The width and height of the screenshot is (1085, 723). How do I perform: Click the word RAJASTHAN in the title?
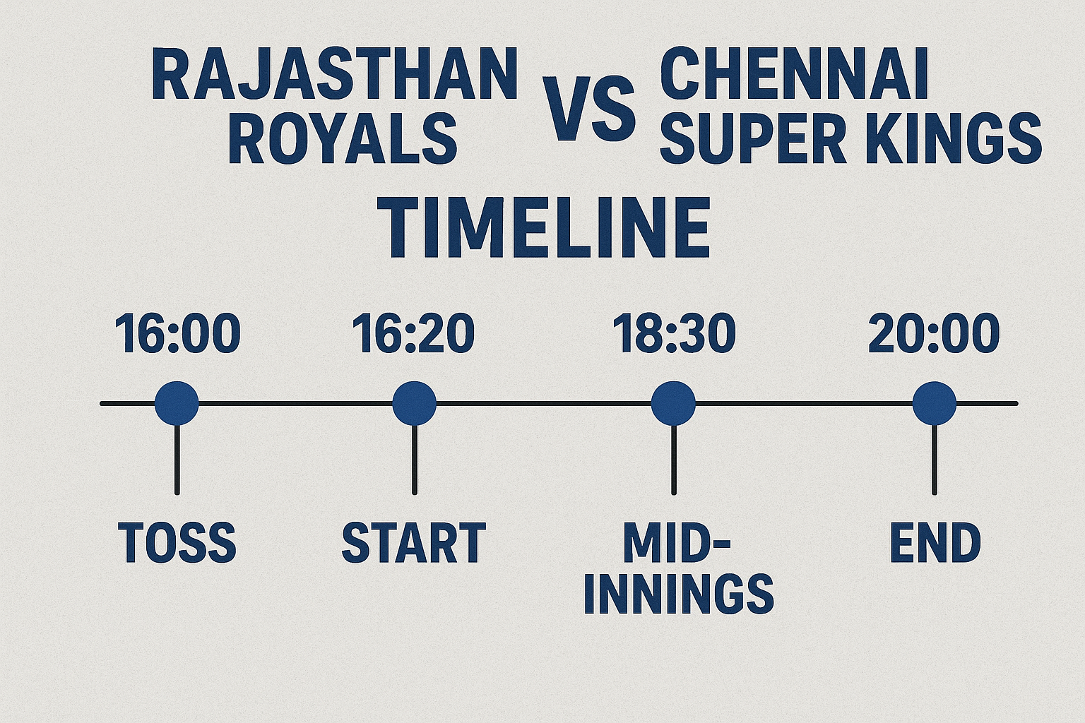coord(335,75)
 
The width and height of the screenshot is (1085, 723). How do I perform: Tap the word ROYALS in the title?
coord(343,140)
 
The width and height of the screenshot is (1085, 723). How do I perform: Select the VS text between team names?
coord(588,111)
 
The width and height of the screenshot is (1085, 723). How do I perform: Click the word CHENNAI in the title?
coord(794,75)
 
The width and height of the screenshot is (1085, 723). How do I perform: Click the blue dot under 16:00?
coord(177,403)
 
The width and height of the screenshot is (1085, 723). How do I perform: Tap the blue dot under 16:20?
coord(414,403)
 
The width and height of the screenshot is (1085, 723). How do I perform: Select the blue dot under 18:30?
coord(673,403)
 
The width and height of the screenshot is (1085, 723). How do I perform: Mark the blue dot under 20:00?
coord(934,403)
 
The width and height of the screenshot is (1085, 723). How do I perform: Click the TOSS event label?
coord(177,543)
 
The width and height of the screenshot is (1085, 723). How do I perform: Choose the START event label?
coord(414,543)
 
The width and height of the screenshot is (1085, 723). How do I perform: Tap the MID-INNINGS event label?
coord(678,568)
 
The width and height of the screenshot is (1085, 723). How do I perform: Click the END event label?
coord(935,543)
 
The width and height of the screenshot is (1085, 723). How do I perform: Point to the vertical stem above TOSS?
coord(177,459)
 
